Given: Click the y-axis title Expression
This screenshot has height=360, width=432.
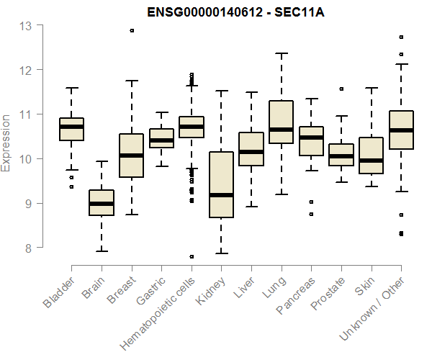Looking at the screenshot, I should pos(6,143).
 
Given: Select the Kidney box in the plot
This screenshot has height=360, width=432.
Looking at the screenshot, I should pos(221,184).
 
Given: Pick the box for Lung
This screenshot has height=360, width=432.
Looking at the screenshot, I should pos(281,122).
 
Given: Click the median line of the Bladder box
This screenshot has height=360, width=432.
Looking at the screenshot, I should pos(71,127).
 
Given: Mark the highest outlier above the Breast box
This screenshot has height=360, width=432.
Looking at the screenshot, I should pos(131,31).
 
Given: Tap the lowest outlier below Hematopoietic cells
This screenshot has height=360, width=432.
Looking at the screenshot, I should pos(191,256).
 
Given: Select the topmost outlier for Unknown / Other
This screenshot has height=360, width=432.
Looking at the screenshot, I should pos(401,37).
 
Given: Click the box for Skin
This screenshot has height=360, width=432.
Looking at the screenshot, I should pos(371,156).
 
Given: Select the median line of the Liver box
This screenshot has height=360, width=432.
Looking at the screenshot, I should pos(251,152).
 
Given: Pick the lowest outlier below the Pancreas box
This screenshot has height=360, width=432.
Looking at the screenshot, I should pos(311,214).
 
